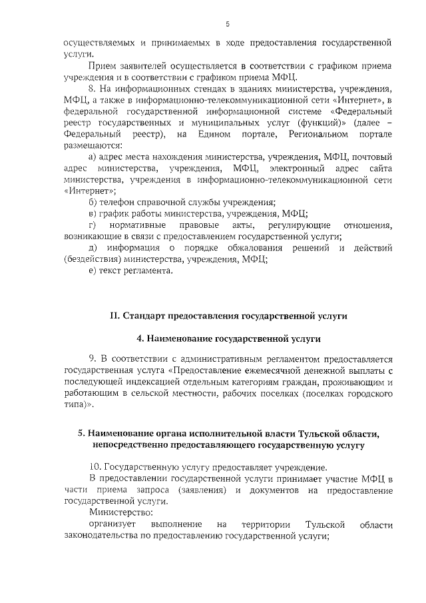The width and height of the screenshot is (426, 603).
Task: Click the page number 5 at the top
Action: [x=228, y=25]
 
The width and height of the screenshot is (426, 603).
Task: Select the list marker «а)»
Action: [x=93, y=157]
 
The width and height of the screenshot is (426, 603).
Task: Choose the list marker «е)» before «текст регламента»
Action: [x=93, y=271]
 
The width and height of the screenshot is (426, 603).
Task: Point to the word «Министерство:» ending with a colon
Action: [x=120, y=513]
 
